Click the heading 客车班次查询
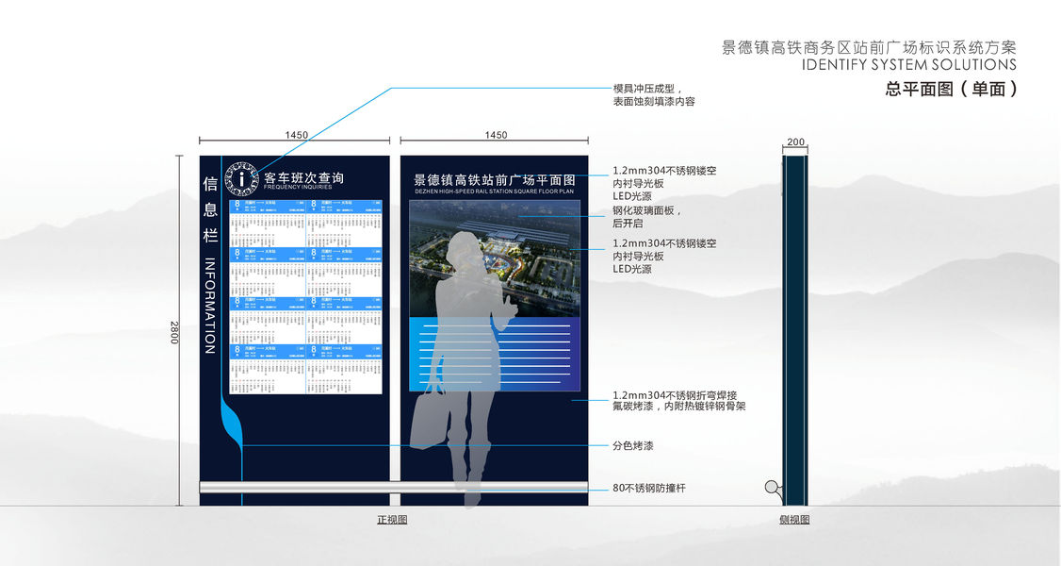click(x=303, y=176)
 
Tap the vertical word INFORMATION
click(x=210, y=307)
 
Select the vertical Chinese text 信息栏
click(x=210, y=209)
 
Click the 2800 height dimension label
click(x=173, y=332)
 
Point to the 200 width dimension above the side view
click(x=795, y=142)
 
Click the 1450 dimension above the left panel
click(x=296, y=136)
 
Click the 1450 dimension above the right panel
click(x=496, y=136)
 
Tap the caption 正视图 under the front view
click(x=392, y=520)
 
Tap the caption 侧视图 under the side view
click(x=794, y=520)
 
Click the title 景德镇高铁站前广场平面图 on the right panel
click(x=495, y=178)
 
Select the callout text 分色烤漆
click(x=632, y=445)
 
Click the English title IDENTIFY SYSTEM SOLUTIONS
click(x=908, y=65)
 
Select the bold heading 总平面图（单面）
click(x=951, y=90)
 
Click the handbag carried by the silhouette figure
click(x=428, y=416)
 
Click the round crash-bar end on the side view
click(x=773, y=488)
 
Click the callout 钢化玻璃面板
click(x=646, y=211)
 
